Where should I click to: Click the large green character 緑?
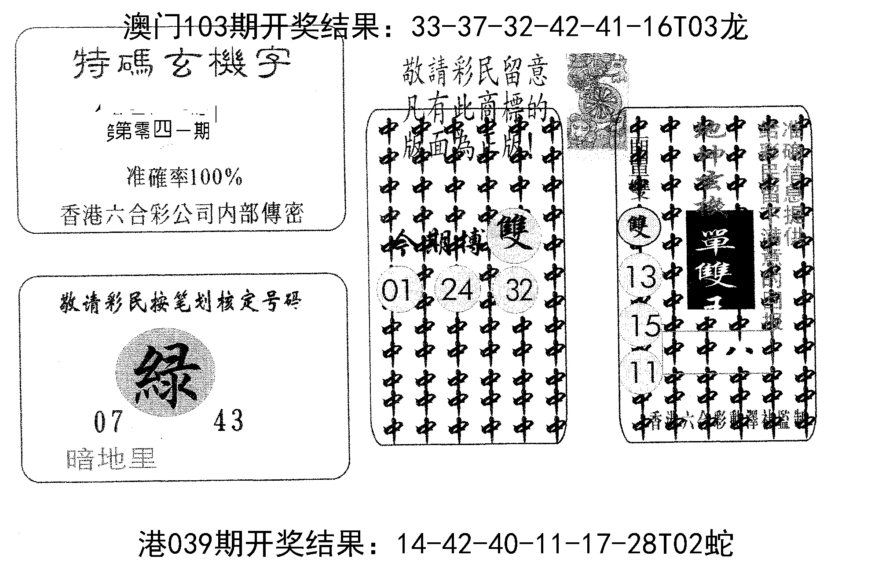165,374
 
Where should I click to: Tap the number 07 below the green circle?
108,421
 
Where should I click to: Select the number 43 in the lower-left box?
228,420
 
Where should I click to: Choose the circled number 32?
519,291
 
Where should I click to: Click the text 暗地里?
112,459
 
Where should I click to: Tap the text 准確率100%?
184,178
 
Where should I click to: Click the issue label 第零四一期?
161,131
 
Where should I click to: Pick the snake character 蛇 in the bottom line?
718,545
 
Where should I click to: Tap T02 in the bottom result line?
675,545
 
